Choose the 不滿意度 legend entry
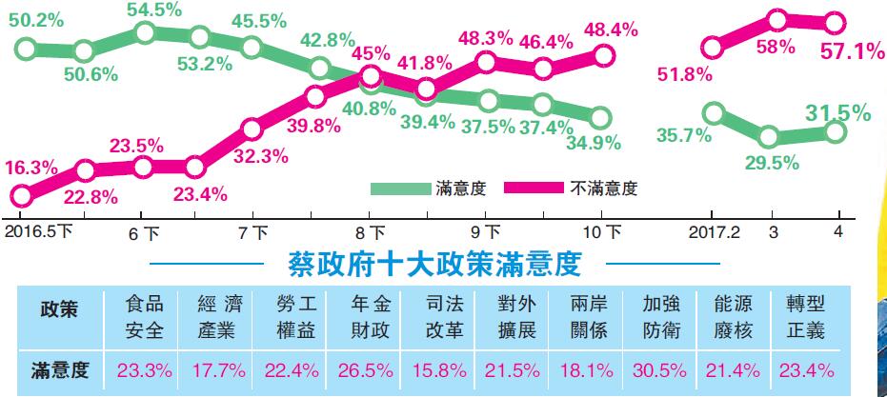point(604,189)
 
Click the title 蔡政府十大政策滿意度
point(433,262)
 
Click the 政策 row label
point(56,309)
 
